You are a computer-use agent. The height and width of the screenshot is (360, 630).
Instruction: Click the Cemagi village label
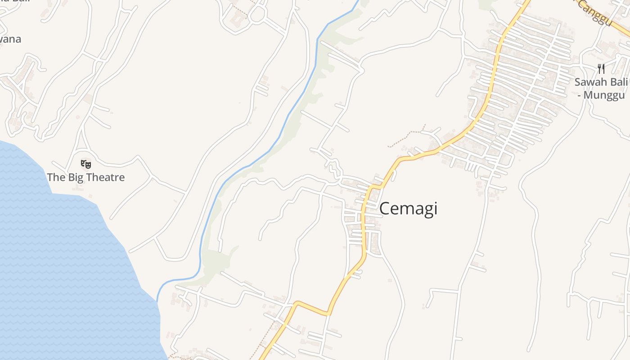(408, 209)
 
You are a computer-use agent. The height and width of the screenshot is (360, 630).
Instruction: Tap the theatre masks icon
(85, 164)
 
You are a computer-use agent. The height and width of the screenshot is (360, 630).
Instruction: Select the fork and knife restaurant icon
(601, 68)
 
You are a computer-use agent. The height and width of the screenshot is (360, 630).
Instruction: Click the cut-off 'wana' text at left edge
(10, 39)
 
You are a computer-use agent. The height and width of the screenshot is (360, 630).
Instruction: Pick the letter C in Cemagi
(385, 209)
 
